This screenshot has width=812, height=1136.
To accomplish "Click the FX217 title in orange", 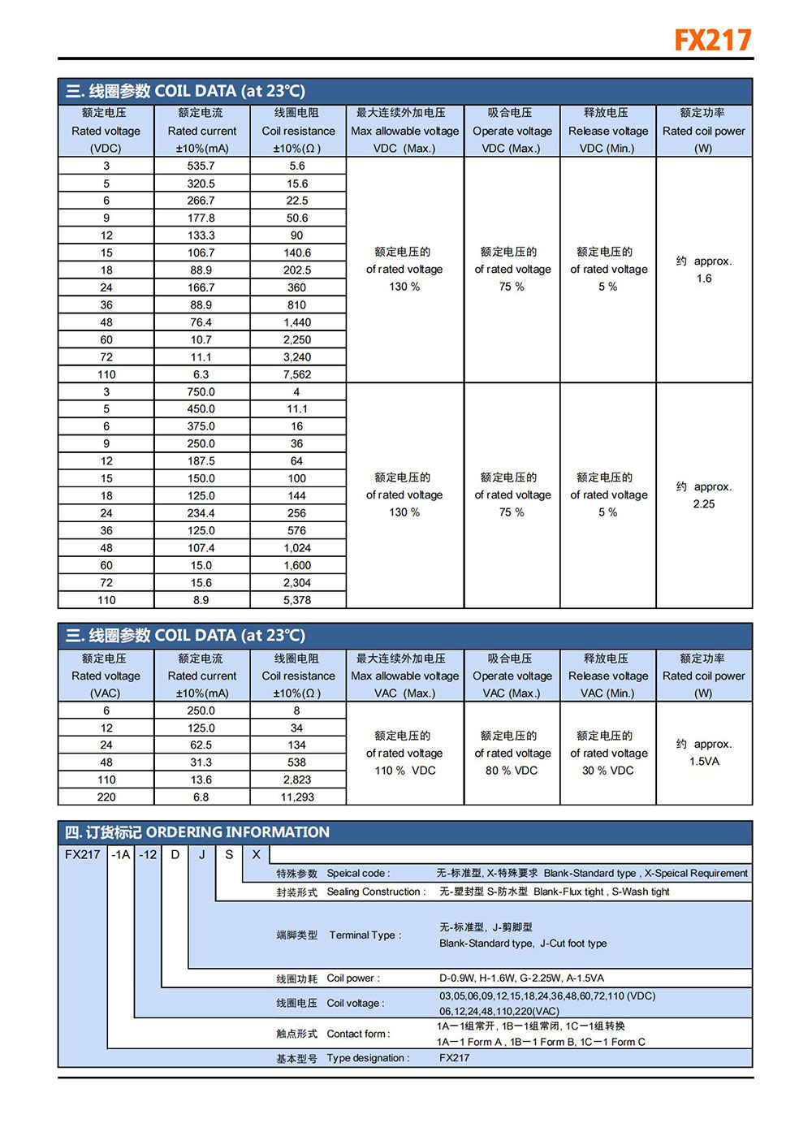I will [x=712, y=40].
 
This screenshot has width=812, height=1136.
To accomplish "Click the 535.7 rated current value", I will [x=201, y=166].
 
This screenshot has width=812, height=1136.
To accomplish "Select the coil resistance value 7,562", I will [x=297, y=374].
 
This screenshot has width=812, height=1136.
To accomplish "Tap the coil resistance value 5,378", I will [x=297, y=600].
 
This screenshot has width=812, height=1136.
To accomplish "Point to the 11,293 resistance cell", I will [x=297, y=797].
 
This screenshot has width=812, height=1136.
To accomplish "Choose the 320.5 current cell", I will [x=201, y=184].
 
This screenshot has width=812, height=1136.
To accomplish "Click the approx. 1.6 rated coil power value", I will [x=704, y=270].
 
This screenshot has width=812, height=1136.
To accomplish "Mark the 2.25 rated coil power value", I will [x=704, y=504].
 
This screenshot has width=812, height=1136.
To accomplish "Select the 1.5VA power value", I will [x=704, y=762].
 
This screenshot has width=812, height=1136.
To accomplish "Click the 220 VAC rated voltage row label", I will [x=106, y=797].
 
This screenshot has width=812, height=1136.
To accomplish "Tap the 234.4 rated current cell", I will [x=201, y=513].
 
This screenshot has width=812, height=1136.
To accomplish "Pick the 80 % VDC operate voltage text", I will [x=512, y=771].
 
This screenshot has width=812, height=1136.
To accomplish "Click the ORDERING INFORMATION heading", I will [x=237, y=832].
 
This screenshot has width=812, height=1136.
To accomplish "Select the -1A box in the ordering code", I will [x=121, y=854].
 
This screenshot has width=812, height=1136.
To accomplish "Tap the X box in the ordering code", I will [x=256, y=854].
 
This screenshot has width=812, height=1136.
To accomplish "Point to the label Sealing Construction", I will [x=375, y=892].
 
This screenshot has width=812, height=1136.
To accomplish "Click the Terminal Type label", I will [x=365, y=935].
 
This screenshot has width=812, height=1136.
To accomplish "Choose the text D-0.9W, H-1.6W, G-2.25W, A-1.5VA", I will [x=521, y=978].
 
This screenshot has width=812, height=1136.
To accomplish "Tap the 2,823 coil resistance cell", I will [x=297, y=780].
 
